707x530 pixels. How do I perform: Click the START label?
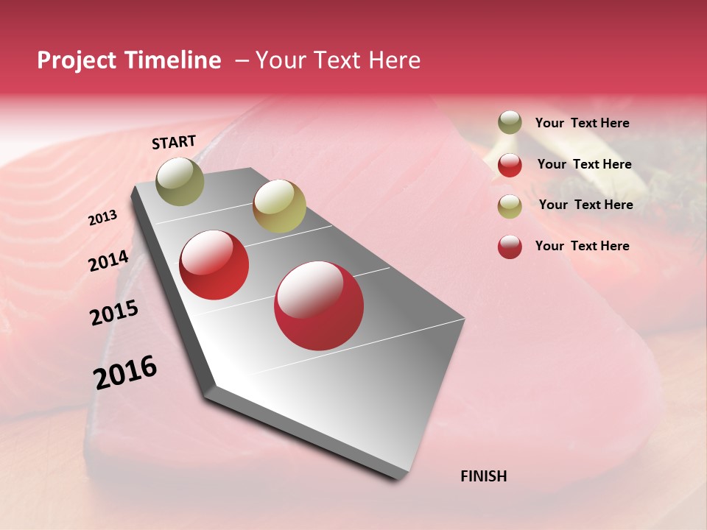pyautogui.click(x=174, y=142)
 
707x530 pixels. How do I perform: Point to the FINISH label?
pyautogui.click(x=483, y=476)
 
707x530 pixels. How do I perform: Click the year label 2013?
pyautogui.click(x=102, y=218)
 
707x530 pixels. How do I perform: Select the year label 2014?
pyautogui.click(x=108, y=261)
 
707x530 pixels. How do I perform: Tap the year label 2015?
pyautogui.click(x=113, y=313)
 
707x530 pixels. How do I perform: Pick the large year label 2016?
pyautogui.click(x=125, y=372)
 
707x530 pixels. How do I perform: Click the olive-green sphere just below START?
pyautogui.click(x=180, y=181)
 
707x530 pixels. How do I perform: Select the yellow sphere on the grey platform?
pyautogui.click(x=279, y=206)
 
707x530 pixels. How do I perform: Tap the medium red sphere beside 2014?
pyautogui.click(x=214, y=265)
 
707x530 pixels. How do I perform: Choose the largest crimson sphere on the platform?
pyautogui.click(x=319, y=305)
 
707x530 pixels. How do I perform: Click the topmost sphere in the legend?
pyautogui.click(x=510, y=123)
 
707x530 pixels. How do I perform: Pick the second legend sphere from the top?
pyautogui.click(x=510, y=164)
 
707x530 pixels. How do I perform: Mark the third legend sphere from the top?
pyautogui.click(x=510, y=205)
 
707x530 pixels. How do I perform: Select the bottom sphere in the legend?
pyautogui.click(x=510, y=247)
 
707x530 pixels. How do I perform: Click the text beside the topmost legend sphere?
pyautogui.click(x=582, y=123)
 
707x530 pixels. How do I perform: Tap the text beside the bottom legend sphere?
pyautogui.click(x=582, y=246)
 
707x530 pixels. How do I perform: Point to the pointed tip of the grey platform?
pyautogui.click(x=401, y=477)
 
